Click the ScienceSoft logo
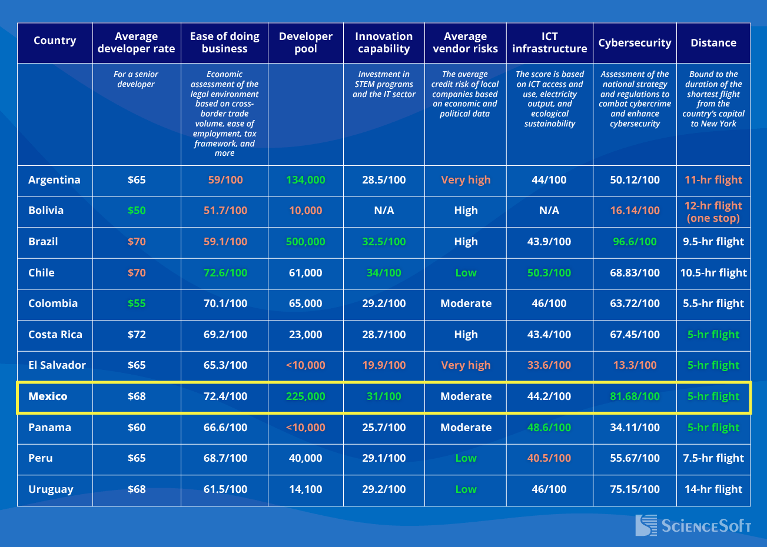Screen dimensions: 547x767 [x=693, y=525]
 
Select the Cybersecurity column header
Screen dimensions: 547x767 [x=635, y=43]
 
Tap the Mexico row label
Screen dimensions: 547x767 [x=48, y=396]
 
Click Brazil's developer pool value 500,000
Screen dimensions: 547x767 [x=306, y=242]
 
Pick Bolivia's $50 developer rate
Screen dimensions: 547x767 [x=137, y=211]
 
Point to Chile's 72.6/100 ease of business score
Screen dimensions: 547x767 [x=225, y=273]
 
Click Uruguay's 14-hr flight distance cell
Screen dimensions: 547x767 [x=713, y=489]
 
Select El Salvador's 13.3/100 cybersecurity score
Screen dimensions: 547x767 [x=635, y=365]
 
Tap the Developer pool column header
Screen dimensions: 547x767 [x=306, y=43]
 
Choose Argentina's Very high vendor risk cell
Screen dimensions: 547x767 [x=466, y=180]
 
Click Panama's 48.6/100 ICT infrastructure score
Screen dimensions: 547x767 [x=549, y=428]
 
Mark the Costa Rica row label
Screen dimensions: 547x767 [x=55, y=335]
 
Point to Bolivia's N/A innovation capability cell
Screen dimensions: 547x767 [x=384, y=211]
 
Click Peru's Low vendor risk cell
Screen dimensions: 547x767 [x=466, y=458]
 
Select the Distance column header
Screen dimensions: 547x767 [x=713, y=43]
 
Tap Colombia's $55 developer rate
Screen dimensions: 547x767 [x=137, y=303]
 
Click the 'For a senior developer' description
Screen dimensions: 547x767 [x=136, y=79]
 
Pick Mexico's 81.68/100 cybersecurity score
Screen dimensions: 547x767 [x=635, y=396]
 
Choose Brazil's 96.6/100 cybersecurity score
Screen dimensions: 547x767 [x=635, y=242]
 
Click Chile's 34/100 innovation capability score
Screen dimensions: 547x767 [x=384, y=273]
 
